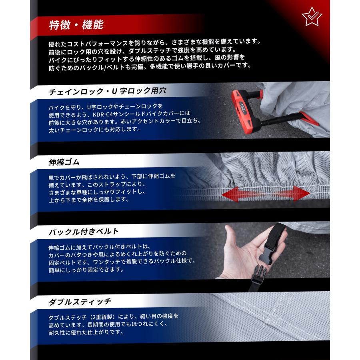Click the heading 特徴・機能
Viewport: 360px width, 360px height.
coord(76,25)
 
